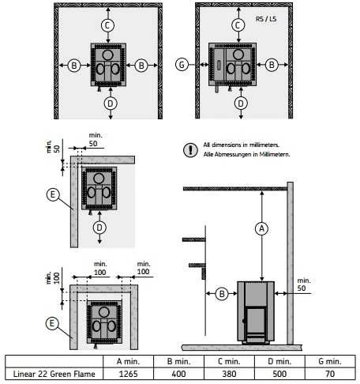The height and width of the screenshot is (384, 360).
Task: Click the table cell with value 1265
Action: tap(128, 374)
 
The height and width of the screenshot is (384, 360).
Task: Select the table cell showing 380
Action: tap(229, 374)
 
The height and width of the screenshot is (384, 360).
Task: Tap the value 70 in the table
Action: tap(330, 374)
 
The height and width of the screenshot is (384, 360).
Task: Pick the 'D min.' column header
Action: tap(279, 361)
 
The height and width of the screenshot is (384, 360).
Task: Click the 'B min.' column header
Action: tap(178, 361)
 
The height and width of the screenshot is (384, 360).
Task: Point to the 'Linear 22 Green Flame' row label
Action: tap(54, 374)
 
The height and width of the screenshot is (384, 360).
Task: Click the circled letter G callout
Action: tap(182, 65)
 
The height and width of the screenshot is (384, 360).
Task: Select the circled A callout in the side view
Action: tap(261, 228)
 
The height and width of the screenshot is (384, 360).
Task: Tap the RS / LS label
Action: tap(266, 19)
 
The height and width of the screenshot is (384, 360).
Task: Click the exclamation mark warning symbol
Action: tap(190, 150)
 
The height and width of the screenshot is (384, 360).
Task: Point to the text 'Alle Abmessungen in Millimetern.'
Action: tap(246, 154)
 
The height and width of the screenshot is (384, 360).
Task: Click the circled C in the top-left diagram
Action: tap(107, 25)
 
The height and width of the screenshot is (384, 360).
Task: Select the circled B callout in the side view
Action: tap(222, 294)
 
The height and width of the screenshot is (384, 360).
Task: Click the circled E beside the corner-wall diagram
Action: tap(53, 194)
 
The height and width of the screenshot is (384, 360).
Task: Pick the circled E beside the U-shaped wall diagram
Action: tap(52, 323)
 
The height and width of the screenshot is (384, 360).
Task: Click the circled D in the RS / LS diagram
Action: tap(241, 104)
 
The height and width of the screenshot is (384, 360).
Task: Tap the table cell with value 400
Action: tap(178, 374)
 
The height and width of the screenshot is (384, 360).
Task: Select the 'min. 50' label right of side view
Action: tap(303, 284)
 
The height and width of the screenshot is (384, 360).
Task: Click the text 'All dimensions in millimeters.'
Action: tap(241, 145)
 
